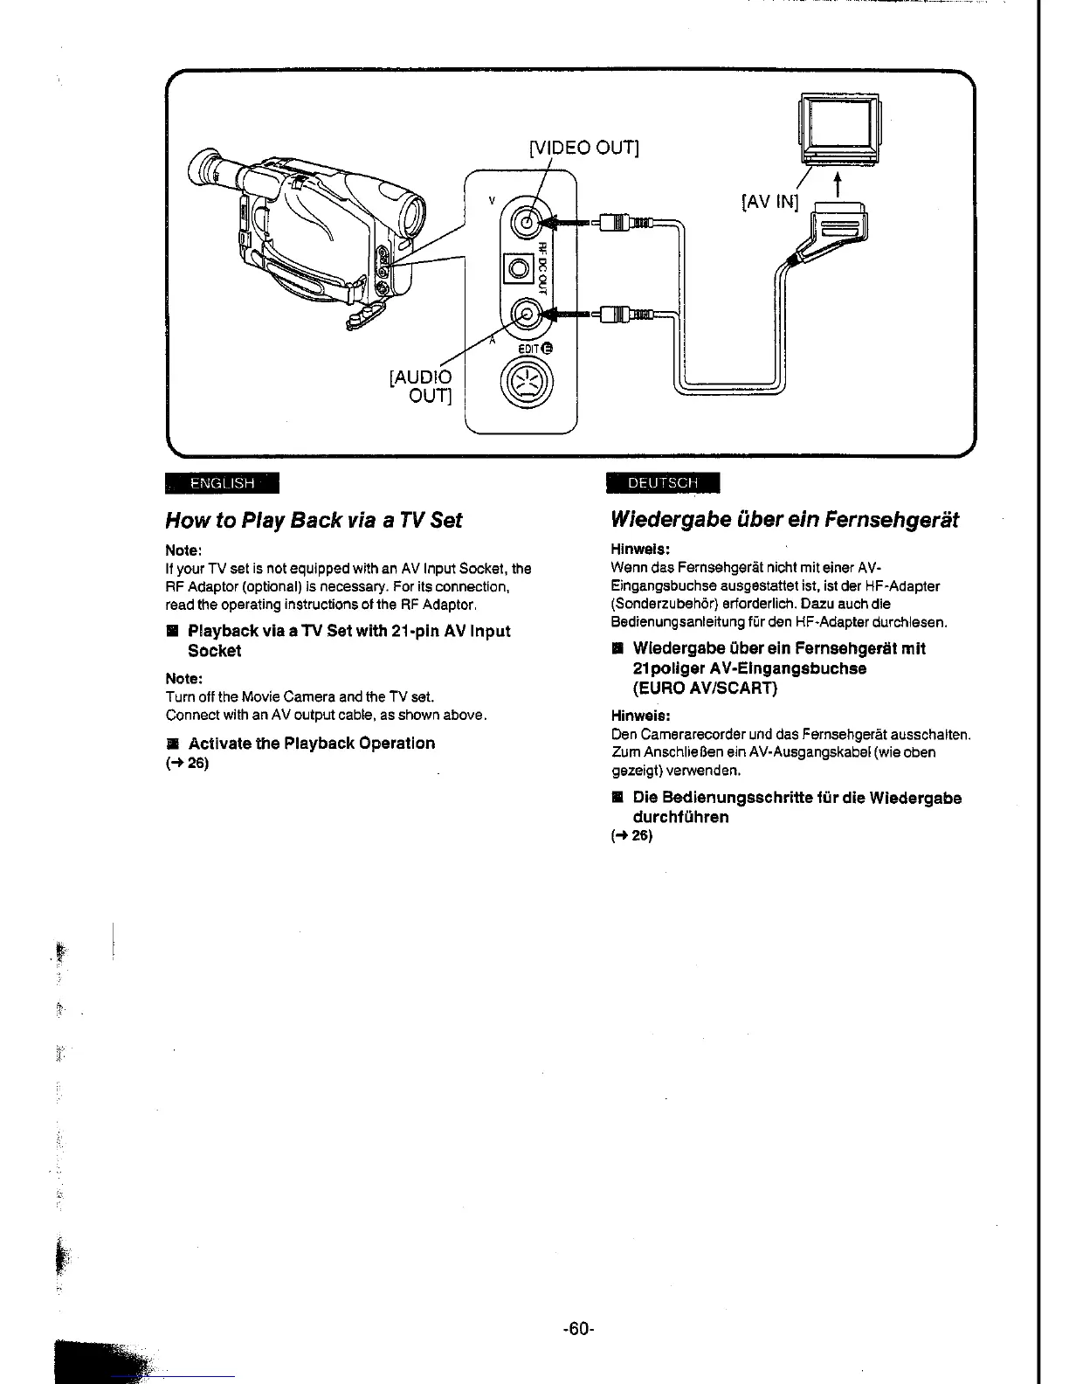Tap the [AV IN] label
click(x=769, y=203)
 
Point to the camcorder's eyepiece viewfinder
click(x=210, y=170)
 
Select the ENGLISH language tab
click(x=222, y=483)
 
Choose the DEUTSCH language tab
click(x=663, y=483)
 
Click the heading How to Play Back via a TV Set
click(x=314, y=521)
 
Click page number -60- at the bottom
click(x=578, y=1329)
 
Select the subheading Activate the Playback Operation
click(x=311, y=744)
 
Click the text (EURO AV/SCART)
click(x=705, y=688)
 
